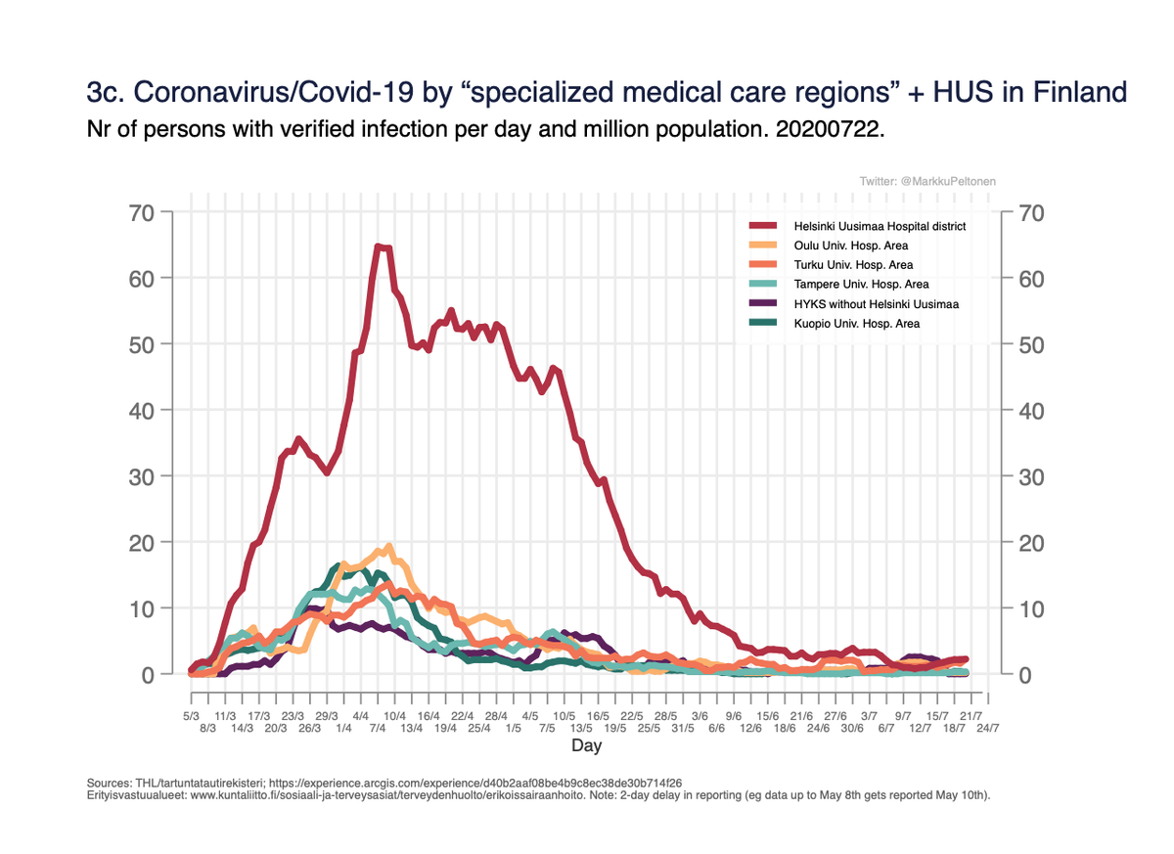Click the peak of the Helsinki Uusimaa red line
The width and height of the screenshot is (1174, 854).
(x=379, y=247)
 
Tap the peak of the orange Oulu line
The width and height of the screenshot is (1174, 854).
(x=389, y=547)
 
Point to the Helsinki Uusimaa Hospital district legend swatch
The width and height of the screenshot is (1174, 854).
(x=763, y=226)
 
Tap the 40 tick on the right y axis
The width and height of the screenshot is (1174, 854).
(x=1031, y=411)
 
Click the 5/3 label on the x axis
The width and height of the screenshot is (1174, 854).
(x=191, y=716)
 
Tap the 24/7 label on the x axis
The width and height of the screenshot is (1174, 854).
(x=987, y=729)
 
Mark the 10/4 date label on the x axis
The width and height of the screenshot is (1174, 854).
(x=394, y=716)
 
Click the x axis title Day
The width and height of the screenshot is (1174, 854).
(x=587, y=746)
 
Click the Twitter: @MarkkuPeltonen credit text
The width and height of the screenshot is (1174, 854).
(x=927, y=182)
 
